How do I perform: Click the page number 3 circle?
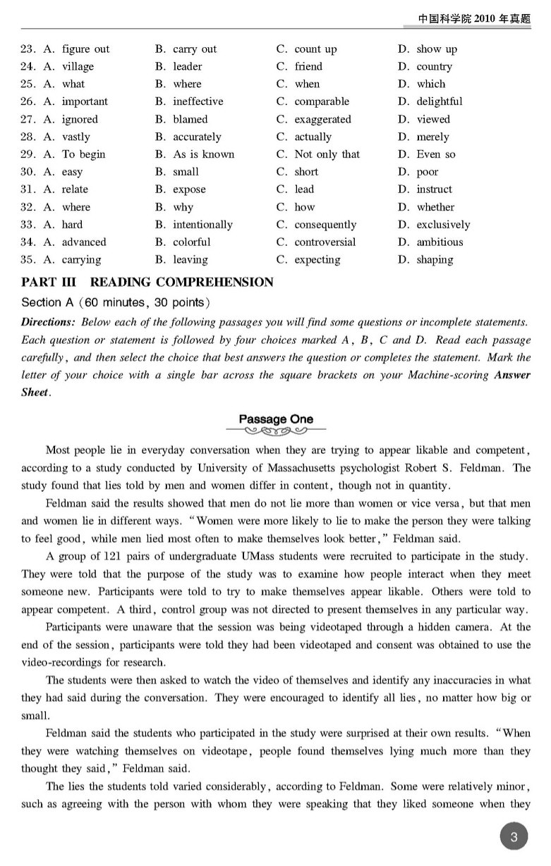coord(514,837)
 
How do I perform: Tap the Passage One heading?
coord(275,419)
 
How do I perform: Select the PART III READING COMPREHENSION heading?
coord(147,283)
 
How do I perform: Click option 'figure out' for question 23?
coord(85,49)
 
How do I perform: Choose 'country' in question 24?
coord(434,67)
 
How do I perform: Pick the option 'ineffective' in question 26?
coord(198,101)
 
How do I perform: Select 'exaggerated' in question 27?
coord(322,119)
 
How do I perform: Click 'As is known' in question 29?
coord(203,154)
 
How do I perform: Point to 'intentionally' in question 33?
coord(202,225)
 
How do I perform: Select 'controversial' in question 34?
coord(325,242)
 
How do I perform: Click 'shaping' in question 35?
coord(435,259)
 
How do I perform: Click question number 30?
coord(28,172)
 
